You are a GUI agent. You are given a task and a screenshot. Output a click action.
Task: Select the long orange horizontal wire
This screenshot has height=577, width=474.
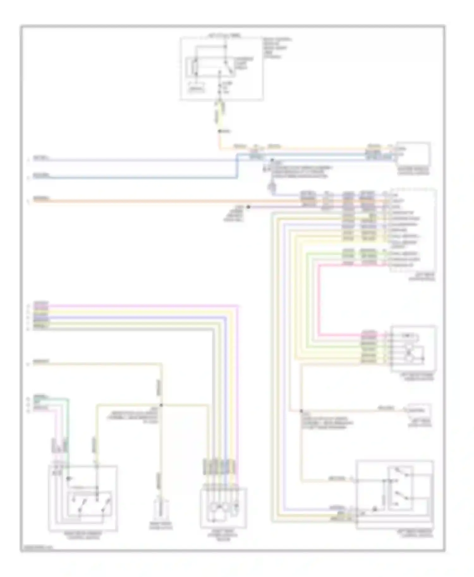coord(158,201)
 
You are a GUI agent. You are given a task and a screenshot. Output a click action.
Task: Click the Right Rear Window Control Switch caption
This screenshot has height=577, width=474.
coord(83,535)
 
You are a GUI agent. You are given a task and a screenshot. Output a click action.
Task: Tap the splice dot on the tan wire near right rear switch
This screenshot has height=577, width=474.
coord(161,405)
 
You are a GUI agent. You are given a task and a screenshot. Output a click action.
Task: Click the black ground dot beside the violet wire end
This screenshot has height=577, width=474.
coord(248,207)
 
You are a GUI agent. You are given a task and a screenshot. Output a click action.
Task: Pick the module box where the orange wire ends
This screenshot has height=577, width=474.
coord(412,154)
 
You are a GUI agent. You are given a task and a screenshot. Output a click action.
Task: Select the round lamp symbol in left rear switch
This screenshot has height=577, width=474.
coord(375,509)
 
